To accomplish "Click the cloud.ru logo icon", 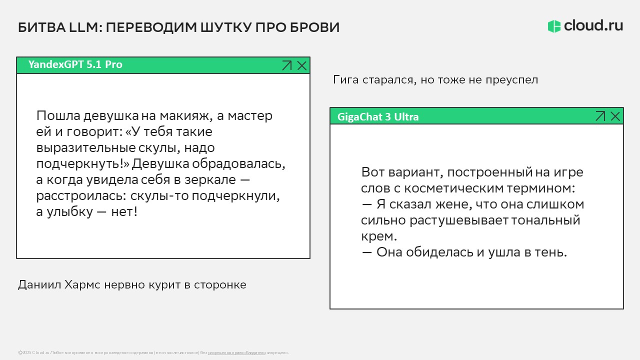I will (x=554, y=26).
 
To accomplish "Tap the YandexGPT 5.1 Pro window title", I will (x=75, y=64).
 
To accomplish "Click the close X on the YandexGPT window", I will (x=302, y=65).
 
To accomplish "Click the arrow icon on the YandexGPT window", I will (x=286, y=65).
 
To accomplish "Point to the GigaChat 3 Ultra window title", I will (x=378, y=116).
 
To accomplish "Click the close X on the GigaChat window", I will (x=615, y=116).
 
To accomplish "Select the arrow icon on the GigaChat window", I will (x=600, y=116).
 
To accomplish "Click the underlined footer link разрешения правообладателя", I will (x=236, y=353).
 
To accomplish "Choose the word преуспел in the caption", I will (x=511, y=80).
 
